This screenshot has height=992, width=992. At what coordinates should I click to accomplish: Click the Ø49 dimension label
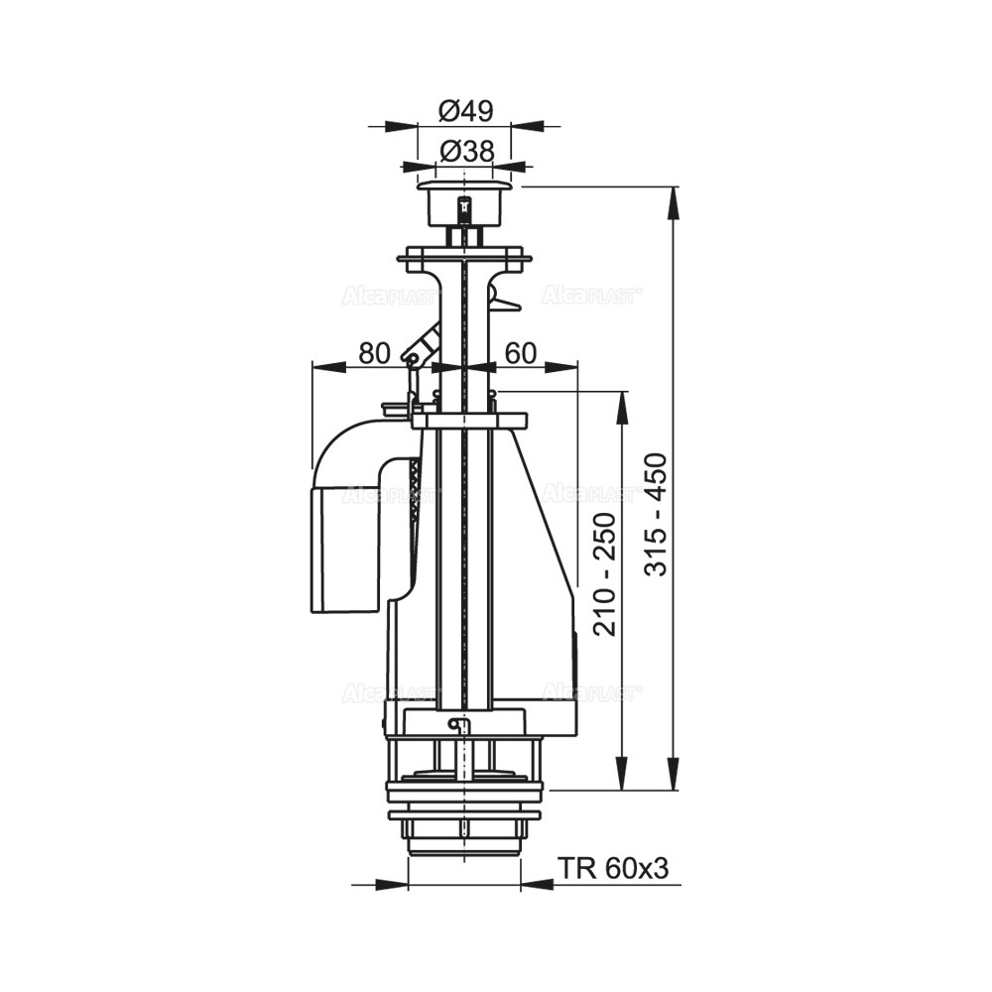coord(465,112)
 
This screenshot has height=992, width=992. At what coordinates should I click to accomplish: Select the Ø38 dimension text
coord(466,152)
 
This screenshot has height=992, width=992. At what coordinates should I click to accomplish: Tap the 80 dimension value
coord(374,354)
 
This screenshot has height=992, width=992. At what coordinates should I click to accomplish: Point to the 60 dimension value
coord(522,354)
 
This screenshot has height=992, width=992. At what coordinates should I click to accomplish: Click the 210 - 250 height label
coord(605,573)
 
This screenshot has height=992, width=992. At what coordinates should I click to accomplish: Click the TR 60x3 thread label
coord(613,869)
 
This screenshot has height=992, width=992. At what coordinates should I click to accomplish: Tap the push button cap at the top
coord(465,203)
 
